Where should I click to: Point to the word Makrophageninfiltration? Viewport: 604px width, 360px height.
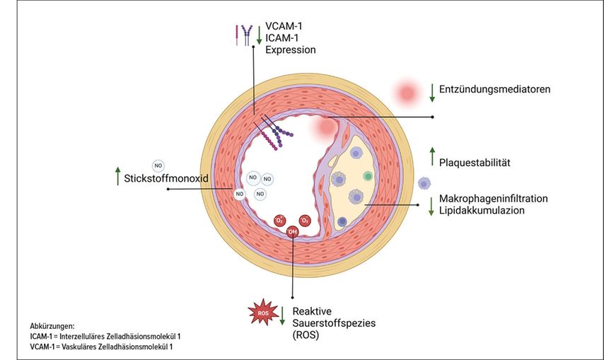493,198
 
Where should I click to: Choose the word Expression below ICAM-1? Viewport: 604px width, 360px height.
291,51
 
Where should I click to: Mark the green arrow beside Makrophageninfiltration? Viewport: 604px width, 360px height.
431,205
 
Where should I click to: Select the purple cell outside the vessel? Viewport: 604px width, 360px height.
424,182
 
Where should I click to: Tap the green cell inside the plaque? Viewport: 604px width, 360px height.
367,175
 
